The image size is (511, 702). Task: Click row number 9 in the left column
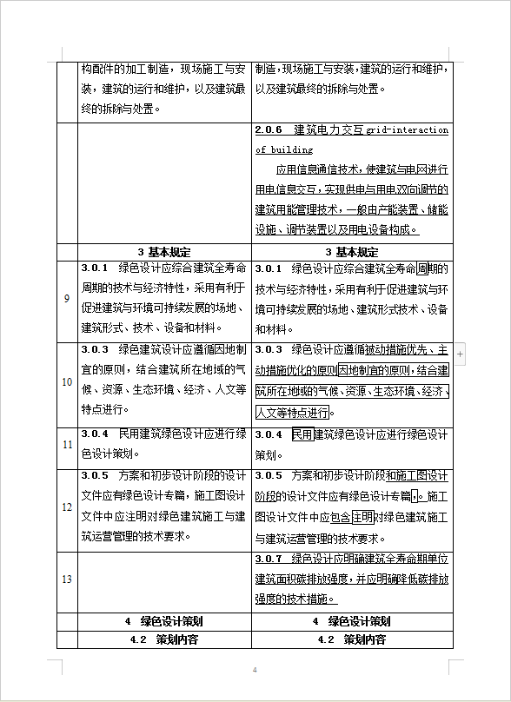67,299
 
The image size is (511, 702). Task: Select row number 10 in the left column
67,381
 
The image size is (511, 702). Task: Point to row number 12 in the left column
67,507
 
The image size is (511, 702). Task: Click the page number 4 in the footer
255,670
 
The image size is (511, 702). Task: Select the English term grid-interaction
407,130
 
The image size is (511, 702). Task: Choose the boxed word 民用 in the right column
302,434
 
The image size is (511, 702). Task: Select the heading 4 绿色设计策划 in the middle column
163,621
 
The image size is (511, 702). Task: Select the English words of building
284,149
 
